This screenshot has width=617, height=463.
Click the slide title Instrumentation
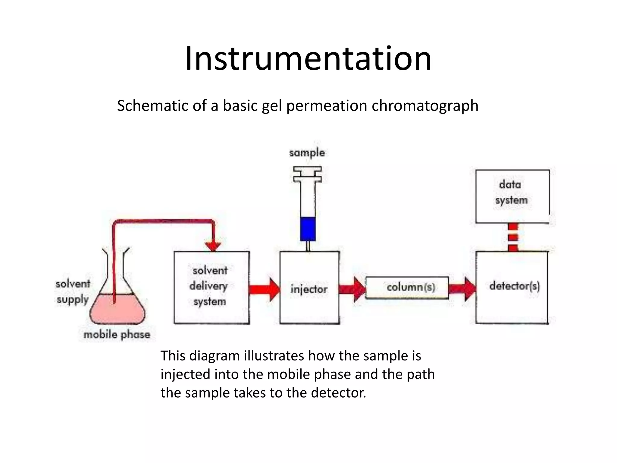(308, 59)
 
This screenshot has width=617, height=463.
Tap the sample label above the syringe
(307, 153)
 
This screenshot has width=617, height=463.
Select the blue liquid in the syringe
(308, 229)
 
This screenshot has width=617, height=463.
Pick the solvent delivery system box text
(209, 286)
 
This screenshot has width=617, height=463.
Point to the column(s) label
(411, 287)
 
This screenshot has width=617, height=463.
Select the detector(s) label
(514, 286)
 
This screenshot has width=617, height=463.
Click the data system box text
(511, 192)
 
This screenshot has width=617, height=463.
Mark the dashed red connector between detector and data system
(513, 237)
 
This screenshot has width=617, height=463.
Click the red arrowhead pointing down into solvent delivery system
(213, 246)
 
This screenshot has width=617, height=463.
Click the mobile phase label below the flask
(117, 335)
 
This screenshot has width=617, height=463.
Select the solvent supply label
(73, 291)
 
